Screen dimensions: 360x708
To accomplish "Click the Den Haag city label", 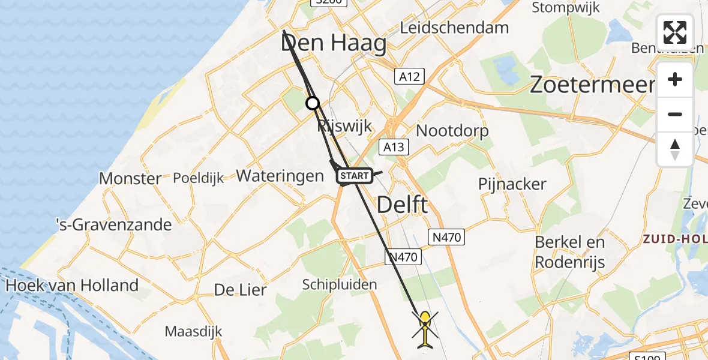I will coord(333,44).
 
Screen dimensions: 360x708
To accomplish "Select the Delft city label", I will coord(402,205).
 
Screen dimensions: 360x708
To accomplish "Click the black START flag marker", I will coord(354,176).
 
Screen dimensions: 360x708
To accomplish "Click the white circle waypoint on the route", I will coord(313,103).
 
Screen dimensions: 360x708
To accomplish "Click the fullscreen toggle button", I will coord(675,32).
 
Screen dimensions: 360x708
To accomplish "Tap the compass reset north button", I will coord(675,149).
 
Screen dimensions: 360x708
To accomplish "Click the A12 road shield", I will coord(410,76).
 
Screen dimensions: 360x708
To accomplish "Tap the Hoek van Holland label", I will coord(72,285).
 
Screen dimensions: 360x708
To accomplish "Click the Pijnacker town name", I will coord(512,184).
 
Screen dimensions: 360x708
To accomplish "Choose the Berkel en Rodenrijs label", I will coord(569,252).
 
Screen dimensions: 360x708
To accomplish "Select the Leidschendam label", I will coord(454,27).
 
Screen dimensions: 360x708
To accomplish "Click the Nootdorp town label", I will coord(452,130).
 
